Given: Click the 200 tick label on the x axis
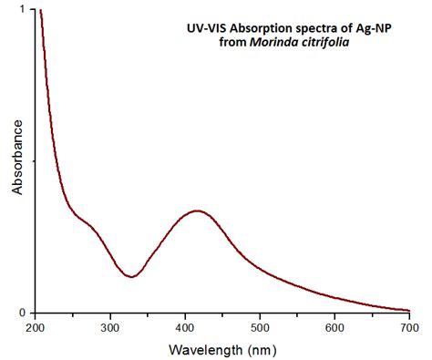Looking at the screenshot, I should tap(36, 326).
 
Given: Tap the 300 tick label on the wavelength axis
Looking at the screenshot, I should tap(110, 326).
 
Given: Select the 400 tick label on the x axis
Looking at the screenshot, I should tap(185, 326).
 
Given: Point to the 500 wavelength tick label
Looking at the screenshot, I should tap(260, 326).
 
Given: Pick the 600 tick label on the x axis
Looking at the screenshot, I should tap(334, 326).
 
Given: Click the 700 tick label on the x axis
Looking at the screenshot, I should tap(409, 326).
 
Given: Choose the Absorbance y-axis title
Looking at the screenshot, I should tap(17, 161).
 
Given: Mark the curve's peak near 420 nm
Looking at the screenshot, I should tap(196, 211).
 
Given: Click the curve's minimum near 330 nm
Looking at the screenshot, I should tap(132, 276).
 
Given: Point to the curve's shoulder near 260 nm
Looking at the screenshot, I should tap(82, 219).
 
